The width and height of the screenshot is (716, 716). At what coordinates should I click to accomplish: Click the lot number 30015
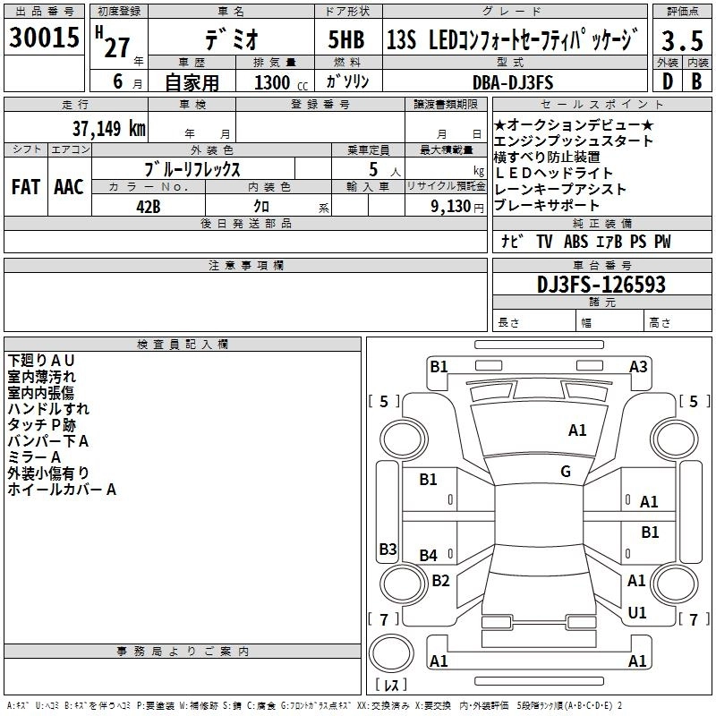[44, 38]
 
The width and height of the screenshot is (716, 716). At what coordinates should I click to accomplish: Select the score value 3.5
[681, 40]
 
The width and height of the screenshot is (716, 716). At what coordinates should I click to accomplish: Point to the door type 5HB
[345, 40]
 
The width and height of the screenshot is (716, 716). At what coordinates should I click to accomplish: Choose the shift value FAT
[26, 187]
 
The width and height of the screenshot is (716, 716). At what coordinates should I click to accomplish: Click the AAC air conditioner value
[68, 187]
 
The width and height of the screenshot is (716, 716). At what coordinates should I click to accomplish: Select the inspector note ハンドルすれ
[48, 408]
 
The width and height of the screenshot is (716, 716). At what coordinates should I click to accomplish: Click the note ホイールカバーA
[62, 490]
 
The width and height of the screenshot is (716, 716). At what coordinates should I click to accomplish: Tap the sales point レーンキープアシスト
[560, 190]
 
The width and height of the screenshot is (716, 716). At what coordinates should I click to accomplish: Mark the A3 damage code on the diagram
[638, 365]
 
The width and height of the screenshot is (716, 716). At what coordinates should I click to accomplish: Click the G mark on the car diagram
[566, 472]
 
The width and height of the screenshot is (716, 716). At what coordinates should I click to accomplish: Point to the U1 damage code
[637, 613]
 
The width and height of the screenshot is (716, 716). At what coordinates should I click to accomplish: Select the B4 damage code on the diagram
[429, 555]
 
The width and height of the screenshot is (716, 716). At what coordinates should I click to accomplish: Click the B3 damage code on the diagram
[388, 549]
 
